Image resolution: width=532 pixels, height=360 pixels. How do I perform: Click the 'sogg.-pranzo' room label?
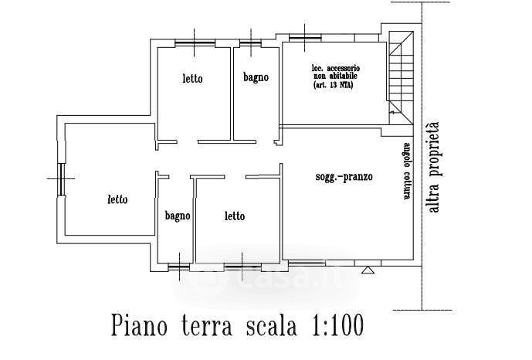click(344, 177)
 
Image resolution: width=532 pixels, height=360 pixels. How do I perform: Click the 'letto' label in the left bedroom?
click(117, 199)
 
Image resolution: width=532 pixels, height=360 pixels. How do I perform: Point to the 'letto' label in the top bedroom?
click(193, 78)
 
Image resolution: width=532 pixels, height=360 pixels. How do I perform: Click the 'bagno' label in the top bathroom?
click(256, 77)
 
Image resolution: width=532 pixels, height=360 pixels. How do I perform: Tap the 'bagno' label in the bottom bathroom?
click(177, 216)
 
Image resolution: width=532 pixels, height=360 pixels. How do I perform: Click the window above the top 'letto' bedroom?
click(194, 40)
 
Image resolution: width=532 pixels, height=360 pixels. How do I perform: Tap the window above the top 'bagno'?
click(251, 40)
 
